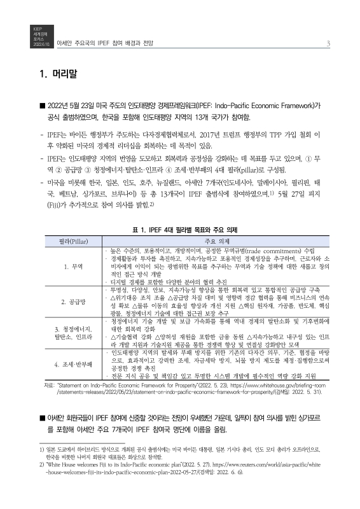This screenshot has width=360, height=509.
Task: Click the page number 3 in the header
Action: pos(327,43)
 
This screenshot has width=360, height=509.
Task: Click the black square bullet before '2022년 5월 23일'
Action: pos(42,107)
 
